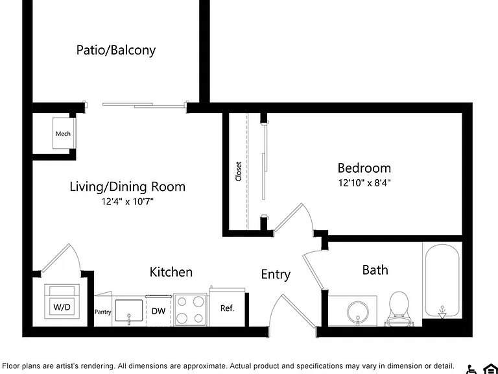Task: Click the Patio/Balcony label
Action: tap(116, 50)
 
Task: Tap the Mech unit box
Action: tap(64, 133)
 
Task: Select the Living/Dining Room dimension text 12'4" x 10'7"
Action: tap(127, 202)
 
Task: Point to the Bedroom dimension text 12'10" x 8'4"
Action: tap(364, 183)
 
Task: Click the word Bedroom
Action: tap(364, 168)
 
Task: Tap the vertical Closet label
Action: tap(239, 171)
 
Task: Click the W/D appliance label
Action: tap(62, 307)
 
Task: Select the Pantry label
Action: tap(103, 312)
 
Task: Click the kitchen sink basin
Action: tap(128, 310)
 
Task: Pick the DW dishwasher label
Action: tap(158, 311)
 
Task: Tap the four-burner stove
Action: tap(190, 310)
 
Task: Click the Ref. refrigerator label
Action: tap(227, 308)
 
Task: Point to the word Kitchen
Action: tap(171, 272)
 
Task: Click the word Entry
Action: tap(276, 275)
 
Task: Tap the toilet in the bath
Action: tap(399, 308)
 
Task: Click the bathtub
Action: tap(442, 280)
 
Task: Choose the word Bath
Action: tap(375, 270)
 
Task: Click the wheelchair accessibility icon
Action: tap(471, 369)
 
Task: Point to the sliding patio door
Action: tap(144, 105)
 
